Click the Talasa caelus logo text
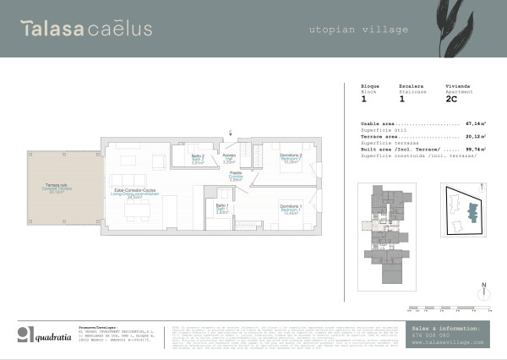click(x=87, y=29)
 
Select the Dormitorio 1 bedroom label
click(x=290, y=209)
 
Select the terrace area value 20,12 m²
click(x=473, y=135)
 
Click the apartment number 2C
click(x=451, y=99)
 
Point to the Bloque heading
click(x=370, y=86)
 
